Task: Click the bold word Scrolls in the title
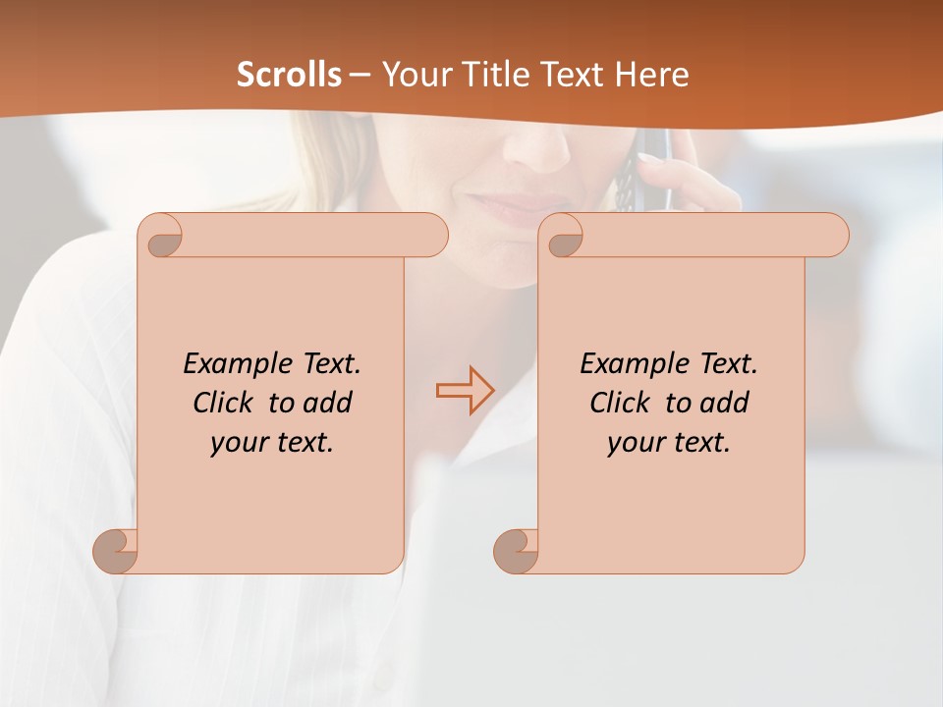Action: (290, 75)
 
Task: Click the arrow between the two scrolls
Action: (465, 391)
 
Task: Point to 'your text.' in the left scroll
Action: (272, 443)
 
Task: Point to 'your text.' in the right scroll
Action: (669, 443)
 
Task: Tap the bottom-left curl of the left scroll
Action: (115, 550)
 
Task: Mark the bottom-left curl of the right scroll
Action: (515, 550)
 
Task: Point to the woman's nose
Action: (536, 147)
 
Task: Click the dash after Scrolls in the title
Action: (360, 75)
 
